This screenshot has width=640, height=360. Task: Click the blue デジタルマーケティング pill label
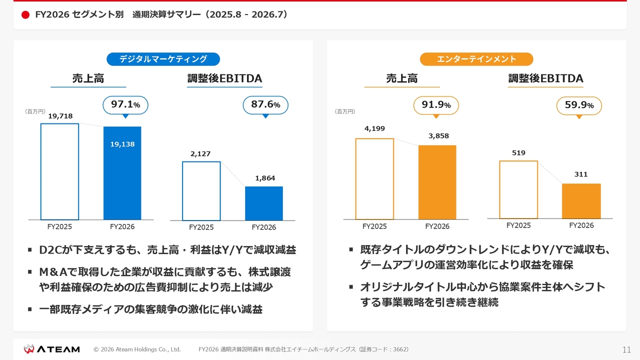click(x=163, y=59)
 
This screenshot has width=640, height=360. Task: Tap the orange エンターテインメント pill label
click(x=476, y=59)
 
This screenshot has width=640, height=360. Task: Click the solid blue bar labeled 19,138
click(x=122, y=173)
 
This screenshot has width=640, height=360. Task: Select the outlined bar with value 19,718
click(x=41, y=171)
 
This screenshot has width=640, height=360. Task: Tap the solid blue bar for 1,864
click(x=264, y=203)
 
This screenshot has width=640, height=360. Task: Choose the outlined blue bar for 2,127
click(x=183, y=191)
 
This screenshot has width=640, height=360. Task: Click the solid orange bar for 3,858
click(x=437, y=182)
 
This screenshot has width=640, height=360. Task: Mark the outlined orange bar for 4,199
click(x=356, y=179)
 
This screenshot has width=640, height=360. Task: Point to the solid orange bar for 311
click(x=581, y=201)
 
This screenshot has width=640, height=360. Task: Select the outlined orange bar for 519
click(x=500, y=189)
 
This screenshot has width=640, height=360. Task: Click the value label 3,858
click(x=438, y=136)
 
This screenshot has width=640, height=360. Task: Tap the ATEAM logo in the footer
click(x=51, y=349)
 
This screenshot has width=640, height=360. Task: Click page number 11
click(x=626, y=349)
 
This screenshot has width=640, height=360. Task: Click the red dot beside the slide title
click(x=25, y=15)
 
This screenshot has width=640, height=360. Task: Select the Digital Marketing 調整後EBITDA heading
click(x=224, y=78)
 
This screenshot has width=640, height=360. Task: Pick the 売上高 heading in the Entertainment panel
click(x=401, y=78)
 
